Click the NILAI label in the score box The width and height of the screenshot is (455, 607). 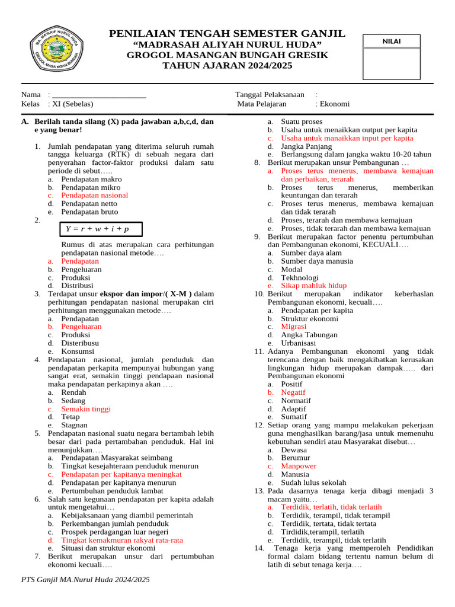391,41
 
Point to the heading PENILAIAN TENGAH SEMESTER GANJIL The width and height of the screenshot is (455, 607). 227,34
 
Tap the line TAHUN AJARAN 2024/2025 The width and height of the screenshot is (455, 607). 227,66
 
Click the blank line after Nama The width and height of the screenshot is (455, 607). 99,95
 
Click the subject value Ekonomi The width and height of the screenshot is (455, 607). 335,104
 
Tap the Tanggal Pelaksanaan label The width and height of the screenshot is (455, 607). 270,95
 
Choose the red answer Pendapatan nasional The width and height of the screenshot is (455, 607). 94,195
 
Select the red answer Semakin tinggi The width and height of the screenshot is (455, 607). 86,409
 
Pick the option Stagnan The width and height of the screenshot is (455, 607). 75,425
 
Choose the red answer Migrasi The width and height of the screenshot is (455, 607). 293,327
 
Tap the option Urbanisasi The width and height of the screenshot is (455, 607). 298,343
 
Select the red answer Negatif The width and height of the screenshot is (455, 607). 293,392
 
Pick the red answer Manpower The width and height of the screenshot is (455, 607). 299,466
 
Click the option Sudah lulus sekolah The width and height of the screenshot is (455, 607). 313,483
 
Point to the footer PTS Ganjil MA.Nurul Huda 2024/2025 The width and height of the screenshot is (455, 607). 85,579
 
